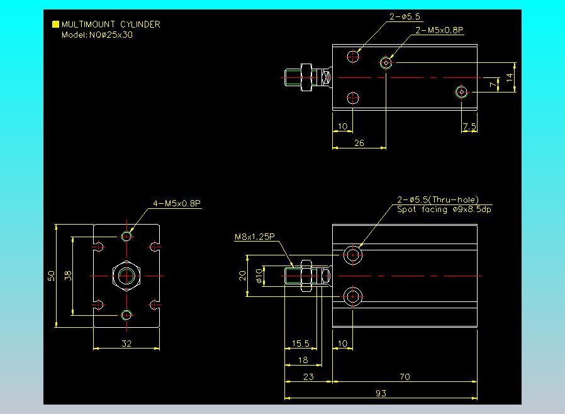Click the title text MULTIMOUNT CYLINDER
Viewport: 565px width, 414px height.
pyautogui.click(x=111, y=25)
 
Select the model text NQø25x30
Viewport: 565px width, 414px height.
pyautogui.click(x=111, y=35)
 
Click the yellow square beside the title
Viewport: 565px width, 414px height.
pyautogui.click(x=55, y=24)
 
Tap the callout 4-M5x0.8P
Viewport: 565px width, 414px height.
pyautogui.click(x=177, y=204)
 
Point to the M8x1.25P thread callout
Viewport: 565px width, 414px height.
pyautogui.click(x=254, y=237)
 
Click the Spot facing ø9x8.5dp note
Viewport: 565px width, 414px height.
pyautogui.click(x=444, y=210)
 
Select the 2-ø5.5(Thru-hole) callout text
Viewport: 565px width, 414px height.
pyautogui.click(x=438, y=199)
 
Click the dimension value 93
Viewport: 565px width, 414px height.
pyautogui.click(x=381, y=393)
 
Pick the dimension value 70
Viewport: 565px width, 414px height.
pyautogui.click(x=405, y=377)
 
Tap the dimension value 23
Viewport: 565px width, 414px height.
pyautogui.click(x=308, y=377)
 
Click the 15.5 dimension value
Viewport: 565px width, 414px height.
pyautogui.click(x=301, y=344)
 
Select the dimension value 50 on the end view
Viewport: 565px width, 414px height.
pyautogui.click(x=52, y=276)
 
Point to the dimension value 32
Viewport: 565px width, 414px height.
pyautogui.click(x=126, y=344)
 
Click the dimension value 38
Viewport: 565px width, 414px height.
pyautogui.click(x=68, y=276)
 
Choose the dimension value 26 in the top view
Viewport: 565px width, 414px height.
pyautogui.click(x=359, y=143)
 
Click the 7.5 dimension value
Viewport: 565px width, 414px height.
pyautogui.click(x=469, y=126)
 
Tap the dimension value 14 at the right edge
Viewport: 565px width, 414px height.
pyautogui.click(x=510, y=77)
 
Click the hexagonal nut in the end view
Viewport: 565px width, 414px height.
pyautogui.click(x=126, y=276)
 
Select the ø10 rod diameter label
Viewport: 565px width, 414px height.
pyautogui.click(x=259, y=276)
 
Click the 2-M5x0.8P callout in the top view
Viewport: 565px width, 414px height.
pyautogui.click(x=440, y=30)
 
